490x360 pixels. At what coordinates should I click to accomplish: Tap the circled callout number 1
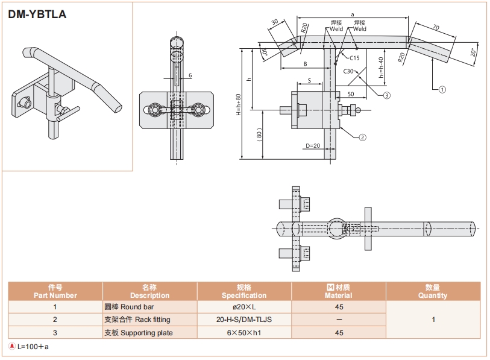[x=442, y=89]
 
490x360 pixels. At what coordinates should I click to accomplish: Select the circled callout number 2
[x=362, y=137]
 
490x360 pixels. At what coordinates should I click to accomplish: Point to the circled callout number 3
[x=387, y=95]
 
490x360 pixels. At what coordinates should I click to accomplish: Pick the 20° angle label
[x=473, y=52]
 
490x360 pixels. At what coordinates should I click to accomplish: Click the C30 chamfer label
[x=348, y=71]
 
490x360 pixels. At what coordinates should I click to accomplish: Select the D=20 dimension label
[x=312, y=146]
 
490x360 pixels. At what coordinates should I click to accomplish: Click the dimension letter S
[x=309, y=80]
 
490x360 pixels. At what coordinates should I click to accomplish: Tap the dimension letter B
[x=306, y=63]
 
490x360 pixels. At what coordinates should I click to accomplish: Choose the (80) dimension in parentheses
[x=259, y=134]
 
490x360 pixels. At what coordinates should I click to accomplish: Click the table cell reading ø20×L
[x=244, y=307]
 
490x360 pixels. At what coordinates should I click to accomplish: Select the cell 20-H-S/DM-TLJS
[x=244, y=320]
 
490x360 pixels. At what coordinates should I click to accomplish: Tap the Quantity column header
[x=433, y=291]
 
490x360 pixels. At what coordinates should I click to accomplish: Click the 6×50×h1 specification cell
[x=244, y=333]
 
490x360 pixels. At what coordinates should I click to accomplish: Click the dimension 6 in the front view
[x=190, y=75]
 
